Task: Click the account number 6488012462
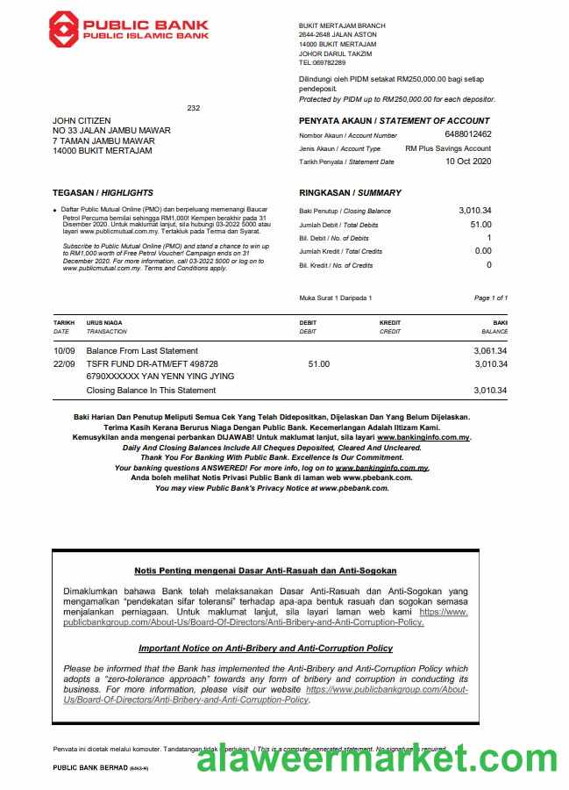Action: coord(468,134)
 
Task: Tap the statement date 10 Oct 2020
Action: coord(468,162)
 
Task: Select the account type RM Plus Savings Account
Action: coord(448,148)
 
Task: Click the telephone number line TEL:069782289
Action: coord(323,63)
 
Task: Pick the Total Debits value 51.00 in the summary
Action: coord(481,225)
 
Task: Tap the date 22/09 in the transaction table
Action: coord(63,363)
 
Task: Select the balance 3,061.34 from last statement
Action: coord(490,350)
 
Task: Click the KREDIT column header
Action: coord(390,323)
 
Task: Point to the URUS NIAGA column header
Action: coord(103,323)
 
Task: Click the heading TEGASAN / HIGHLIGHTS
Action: coord(103,192)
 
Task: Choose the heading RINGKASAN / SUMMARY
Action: coord(350,192)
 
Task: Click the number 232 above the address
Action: coord(194,108)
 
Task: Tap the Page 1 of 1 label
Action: coord(490,298)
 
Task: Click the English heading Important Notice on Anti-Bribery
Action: coord(265,648)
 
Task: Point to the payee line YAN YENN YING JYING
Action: coord(160,377)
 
